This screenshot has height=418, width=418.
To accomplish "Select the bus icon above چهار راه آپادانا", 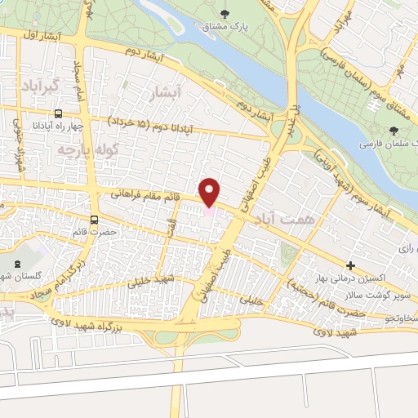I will [58, 114].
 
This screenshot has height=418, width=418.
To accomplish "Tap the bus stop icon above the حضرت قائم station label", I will [95, 219].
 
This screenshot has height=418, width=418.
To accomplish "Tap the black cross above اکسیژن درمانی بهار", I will [351, 265].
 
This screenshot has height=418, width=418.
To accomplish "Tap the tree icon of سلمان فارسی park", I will [395, 131].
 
